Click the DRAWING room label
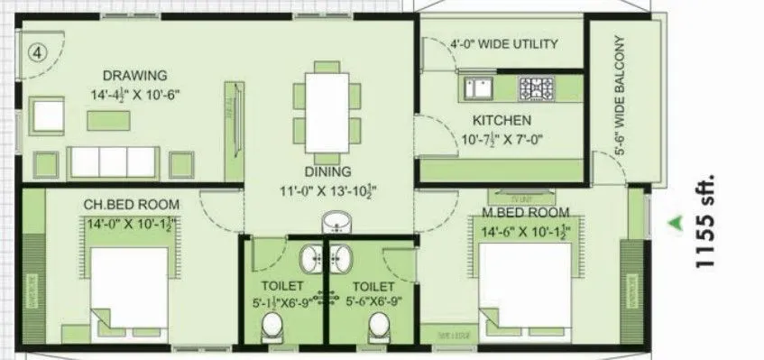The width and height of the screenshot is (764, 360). click(134, 74)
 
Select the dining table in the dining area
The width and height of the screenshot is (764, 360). click(322, 104)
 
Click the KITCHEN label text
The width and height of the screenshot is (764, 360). click(502, 120)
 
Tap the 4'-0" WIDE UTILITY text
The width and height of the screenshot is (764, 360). click(503, 43)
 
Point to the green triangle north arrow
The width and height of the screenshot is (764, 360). click(672, 219)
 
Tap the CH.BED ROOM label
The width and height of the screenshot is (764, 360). click(131, 204)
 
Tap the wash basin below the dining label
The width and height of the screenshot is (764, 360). click(338, 221)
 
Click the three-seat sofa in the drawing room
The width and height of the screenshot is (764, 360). click(114, 161)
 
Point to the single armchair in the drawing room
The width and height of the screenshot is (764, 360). click(46, 113)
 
